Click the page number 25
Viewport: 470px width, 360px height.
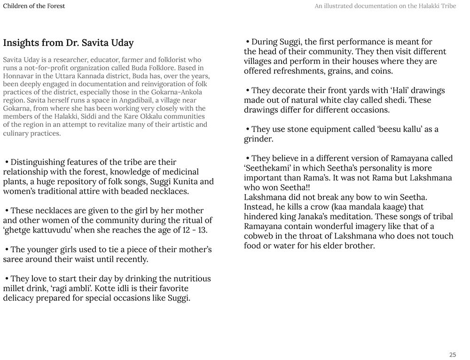coord(452,355)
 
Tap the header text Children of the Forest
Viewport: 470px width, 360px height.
coord(34,6)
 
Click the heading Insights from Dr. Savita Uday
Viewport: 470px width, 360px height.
coord(68,43)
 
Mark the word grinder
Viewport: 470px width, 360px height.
coord(258,139)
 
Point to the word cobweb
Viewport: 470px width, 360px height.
coord(259,236)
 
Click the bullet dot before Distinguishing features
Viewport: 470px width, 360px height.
coord(7,162)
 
